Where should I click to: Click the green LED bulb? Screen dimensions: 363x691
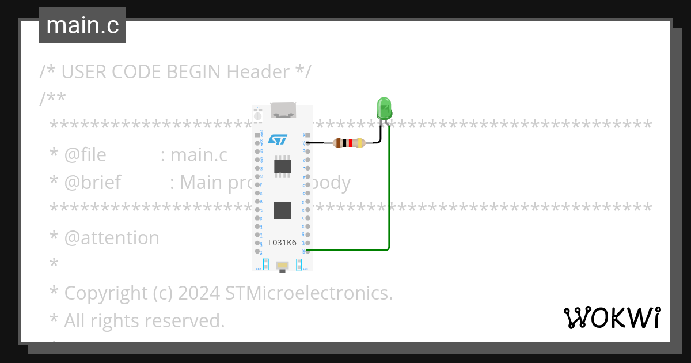tap(384, 108)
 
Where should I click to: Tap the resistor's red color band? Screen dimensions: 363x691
tap(350, 143)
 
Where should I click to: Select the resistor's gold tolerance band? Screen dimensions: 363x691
tap(360, 143)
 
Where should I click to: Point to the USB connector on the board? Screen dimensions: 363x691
tap(283, 110)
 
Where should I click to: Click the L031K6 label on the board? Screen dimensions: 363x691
tap(282, 243)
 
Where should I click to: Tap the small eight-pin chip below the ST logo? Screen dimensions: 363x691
tap(282, 166)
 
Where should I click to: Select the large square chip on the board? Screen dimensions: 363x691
tap(282, 210)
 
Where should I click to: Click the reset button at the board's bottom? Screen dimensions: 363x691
tap(282, 265)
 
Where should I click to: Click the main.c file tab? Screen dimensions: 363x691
tap(82, 25)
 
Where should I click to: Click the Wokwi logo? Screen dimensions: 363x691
tap(612, 317)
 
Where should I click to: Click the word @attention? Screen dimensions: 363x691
tap(112, 238)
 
